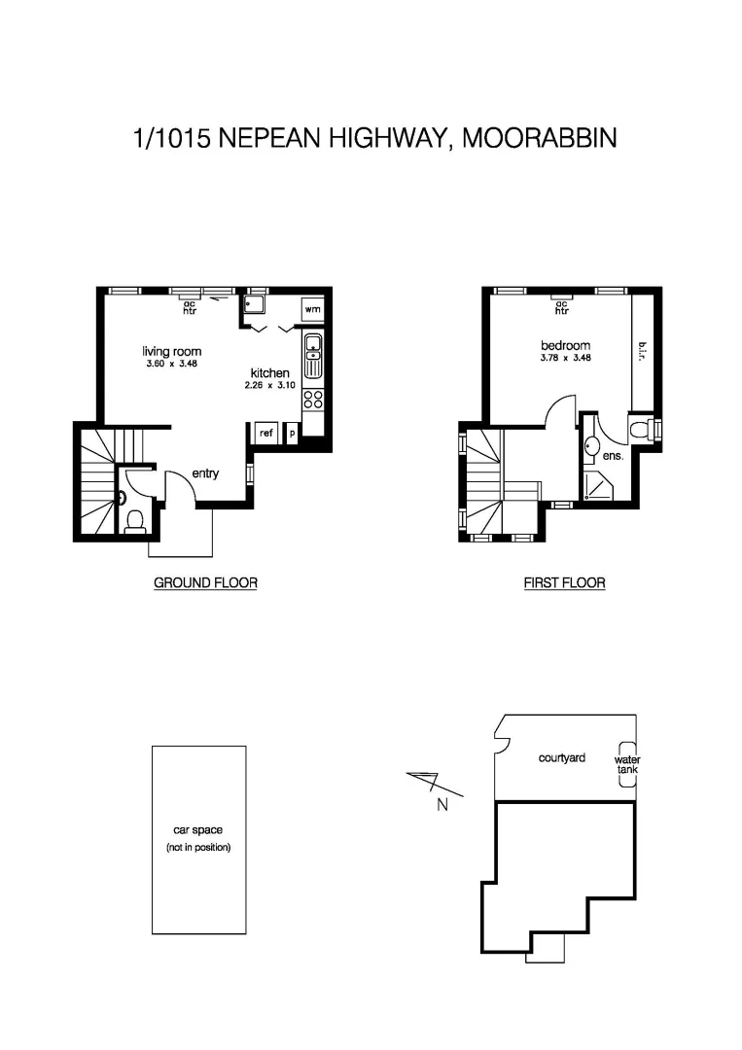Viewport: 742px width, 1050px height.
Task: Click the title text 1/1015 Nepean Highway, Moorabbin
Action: click(x=374, y=138)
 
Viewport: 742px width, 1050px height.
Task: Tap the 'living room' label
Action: click(x=171, y=352)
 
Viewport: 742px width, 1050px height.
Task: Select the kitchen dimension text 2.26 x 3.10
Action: click(x=268, y=386)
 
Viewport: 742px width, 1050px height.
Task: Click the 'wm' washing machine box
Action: click(x=312, y=309)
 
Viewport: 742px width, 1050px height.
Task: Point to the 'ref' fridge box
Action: click(x=266, y=434)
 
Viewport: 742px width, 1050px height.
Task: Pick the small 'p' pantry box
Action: click(x=292, y=434)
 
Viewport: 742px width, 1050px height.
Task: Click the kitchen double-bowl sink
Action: click(x=313, y=356)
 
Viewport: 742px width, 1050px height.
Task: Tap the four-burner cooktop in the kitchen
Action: click(x=313, y=399)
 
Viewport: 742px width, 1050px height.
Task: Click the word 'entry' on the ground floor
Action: click(x=205, y=474)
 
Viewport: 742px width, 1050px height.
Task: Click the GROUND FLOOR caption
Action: click(x=205, y=583)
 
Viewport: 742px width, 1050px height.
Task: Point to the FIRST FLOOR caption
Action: click(x=564, y=583)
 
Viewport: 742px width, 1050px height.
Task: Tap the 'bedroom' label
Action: click(x=565, y=346)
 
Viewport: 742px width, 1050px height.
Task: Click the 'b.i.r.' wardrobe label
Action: click(x=642, y=350)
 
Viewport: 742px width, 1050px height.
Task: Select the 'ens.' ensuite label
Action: click(x=612, y=454)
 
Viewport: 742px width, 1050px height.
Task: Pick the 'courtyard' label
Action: click(x=562, y=757)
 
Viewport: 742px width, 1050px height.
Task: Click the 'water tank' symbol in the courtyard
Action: click(x=627, y=765)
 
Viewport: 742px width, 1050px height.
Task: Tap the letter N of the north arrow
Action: click(x=442, y=804)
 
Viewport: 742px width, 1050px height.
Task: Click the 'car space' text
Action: click(x=198, y=830)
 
